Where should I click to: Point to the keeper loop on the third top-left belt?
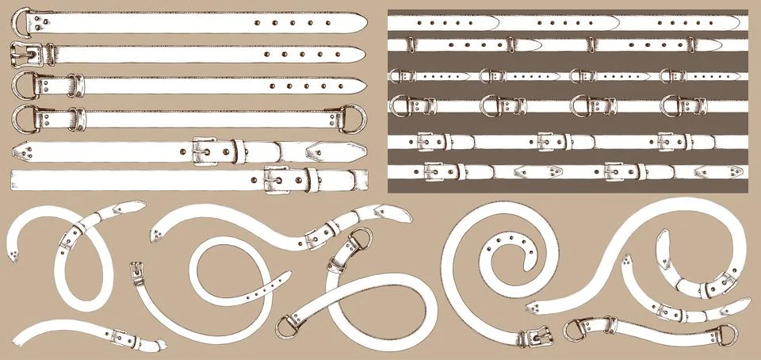78,83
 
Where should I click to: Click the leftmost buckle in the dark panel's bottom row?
434,170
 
